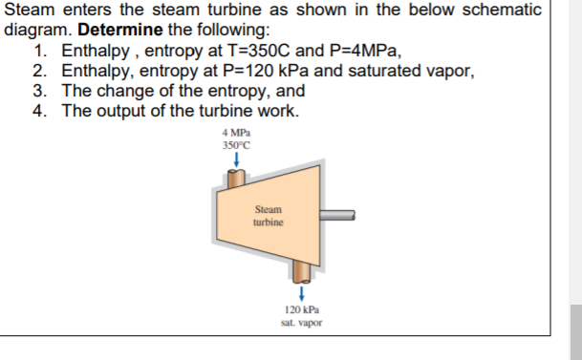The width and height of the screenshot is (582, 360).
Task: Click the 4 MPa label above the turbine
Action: (235, 132)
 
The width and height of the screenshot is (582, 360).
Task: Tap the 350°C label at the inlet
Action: (235, 145)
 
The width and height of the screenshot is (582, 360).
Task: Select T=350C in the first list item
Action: (267, 52)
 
